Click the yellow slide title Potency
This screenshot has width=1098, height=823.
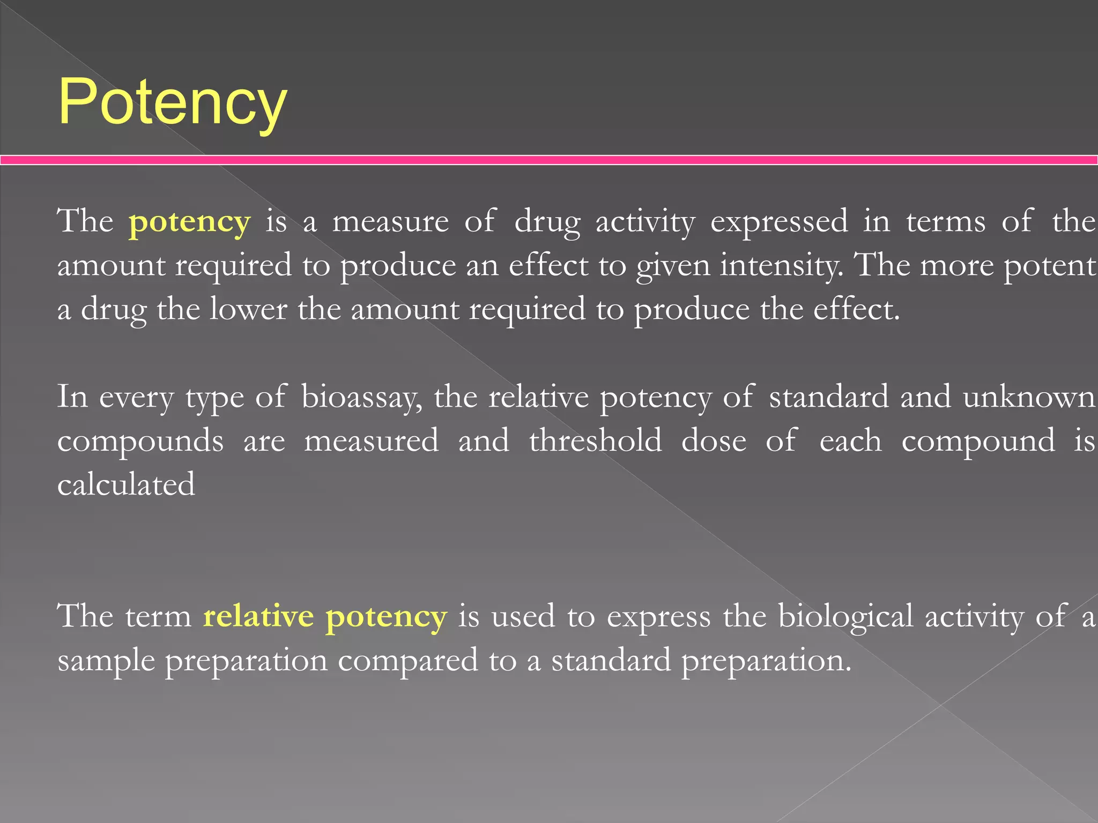tap(173, 102)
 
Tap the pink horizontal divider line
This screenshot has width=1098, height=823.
tap(549, 160)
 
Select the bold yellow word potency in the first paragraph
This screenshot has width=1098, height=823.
tap(189, 222)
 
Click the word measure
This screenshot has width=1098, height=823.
tap(390, 222)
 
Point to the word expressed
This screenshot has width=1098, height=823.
tap(779, 222)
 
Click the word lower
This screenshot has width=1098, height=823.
tap(248, 310)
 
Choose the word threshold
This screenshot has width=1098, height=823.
tap(595, 441)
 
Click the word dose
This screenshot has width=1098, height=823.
tap(714, 441)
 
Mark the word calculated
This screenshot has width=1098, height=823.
tap(126, 484)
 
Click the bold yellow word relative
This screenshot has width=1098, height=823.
tap(258, 616)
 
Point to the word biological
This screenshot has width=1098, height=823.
tap(845, 616)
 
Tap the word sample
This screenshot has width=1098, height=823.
tap(105, 661)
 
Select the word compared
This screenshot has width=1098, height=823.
tap(407, 661)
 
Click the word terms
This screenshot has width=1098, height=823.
tap(945, 222)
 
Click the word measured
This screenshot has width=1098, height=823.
tap(371, 441)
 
